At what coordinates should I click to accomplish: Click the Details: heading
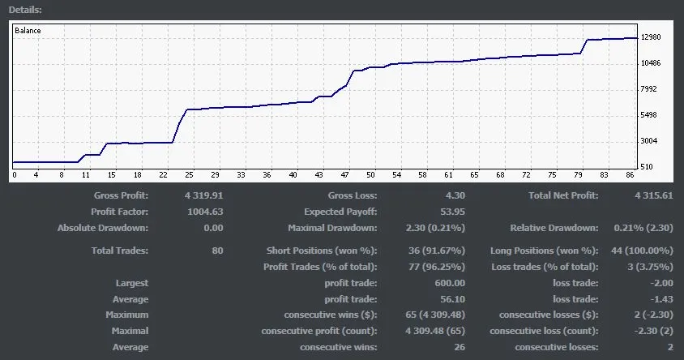(x=25, y=10)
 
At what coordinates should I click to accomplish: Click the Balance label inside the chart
(x=28, y=30)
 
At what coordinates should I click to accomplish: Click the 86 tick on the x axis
(x=631, y=175)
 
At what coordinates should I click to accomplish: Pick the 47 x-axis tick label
(x=344, y=175)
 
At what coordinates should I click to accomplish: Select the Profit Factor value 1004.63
(x=204, y=212)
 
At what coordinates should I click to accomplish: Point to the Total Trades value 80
(x=216, y=251)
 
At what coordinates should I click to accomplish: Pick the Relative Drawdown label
(x=554, y=228)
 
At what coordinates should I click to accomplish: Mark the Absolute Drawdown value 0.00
(x=212, y=228)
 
